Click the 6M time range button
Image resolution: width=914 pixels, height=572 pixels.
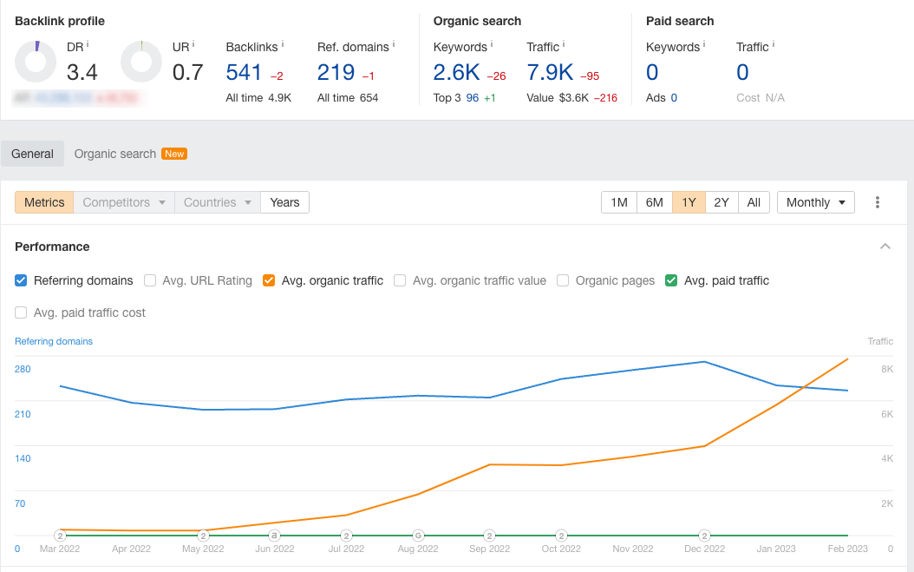pyautogui.click(x=655, y=202)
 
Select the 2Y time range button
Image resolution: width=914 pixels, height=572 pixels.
pyautogui.click(x=721, y=202)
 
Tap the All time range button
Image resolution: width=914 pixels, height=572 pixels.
pyautogui.click(x=754, y=202)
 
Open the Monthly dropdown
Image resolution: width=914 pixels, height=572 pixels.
pyautogui.click(x=816, y=202)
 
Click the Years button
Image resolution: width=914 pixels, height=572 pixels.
pyautogui.click(x=284, y=202)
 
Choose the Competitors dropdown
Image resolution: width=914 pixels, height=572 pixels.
pyautogui.click(x=123, y=202)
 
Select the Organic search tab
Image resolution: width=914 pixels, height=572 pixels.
pyautogui.click(x=115, y=154)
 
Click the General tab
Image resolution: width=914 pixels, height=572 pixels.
pyautogui.click(x=33, y=154)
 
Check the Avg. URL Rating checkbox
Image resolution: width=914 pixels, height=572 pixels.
pyautogui.click(x=150, y=280)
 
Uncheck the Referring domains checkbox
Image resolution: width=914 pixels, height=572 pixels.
pyautogui.click(x=22, y=280)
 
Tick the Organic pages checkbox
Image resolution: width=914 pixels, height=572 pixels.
pyautogui.click(x=563, y=280)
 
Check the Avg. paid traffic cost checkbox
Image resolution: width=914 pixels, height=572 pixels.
pyautogui.click(x=22, y=312)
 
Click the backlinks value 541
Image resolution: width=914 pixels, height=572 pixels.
pyautogui.click(x=244, y=72)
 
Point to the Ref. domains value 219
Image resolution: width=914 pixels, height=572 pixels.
pyautogui.click(x=336, y=72)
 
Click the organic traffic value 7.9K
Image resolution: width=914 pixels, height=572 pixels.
pyautogui.click(x=550, y=72)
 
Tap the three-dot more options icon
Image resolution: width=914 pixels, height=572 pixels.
pyautogui.click(x=878, y=202)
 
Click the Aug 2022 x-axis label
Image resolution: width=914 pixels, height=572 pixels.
pyautogui.click(x=418, y=549)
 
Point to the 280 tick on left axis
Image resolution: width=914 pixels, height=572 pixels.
pyautogui.click(x=23, y=369)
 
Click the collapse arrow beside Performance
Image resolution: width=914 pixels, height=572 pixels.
pyautogui.click(x=885, y=247)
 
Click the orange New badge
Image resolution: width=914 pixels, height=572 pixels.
pyautogui.click(x=175, y=154)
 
